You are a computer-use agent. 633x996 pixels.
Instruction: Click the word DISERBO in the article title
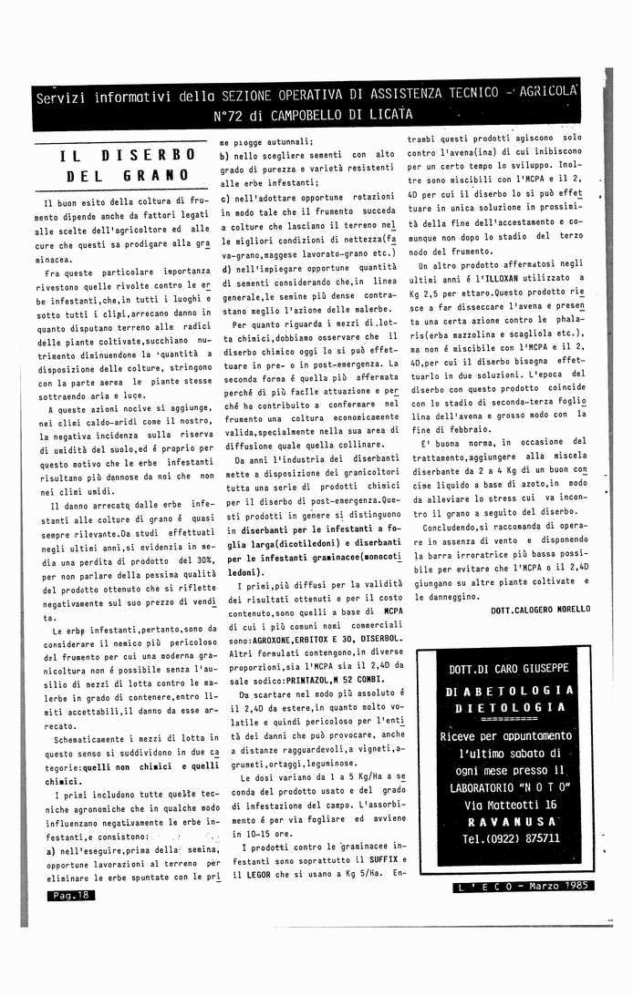pos(147,156)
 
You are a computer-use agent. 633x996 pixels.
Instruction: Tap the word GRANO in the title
pos(146,176)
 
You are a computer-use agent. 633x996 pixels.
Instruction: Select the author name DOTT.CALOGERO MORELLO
pos(540,610)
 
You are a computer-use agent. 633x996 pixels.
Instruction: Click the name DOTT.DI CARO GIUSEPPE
pos(509,669)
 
